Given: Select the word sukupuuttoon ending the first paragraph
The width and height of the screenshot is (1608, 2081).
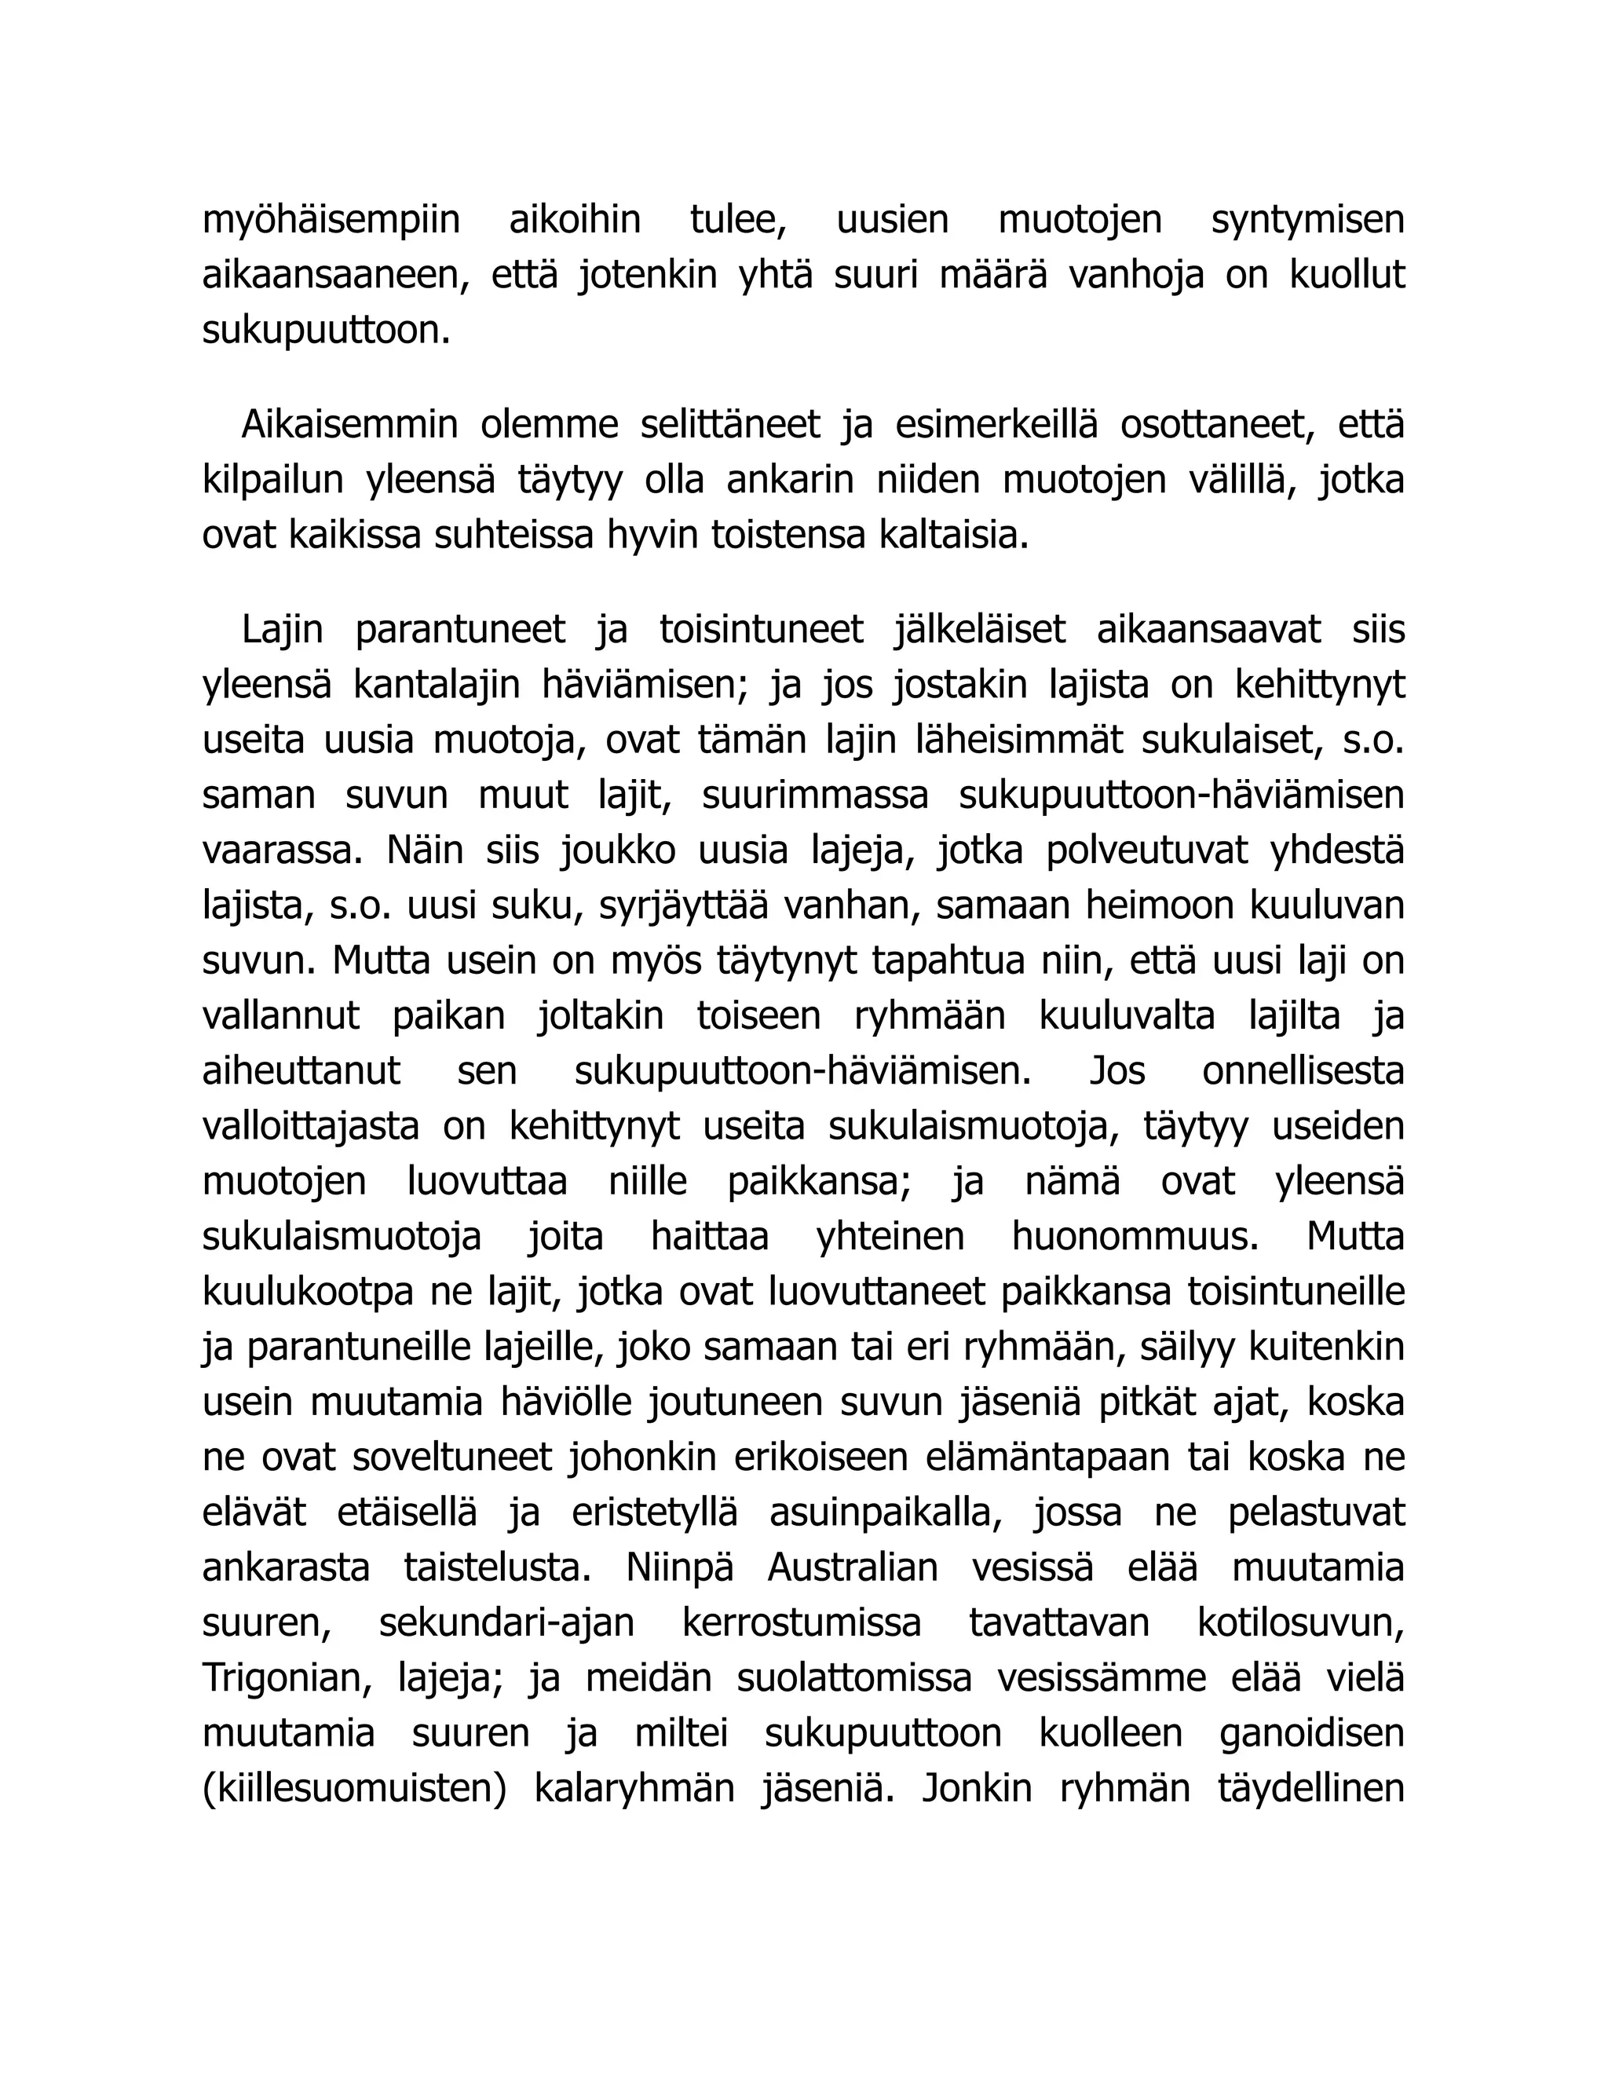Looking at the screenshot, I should (x=325, y=331).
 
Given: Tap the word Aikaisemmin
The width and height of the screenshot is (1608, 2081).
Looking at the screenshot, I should (x=349, y=425).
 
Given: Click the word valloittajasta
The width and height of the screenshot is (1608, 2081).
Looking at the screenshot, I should (x=311, y=1127).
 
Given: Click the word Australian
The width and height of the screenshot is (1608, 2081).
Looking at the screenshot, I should (x=853, y=1568).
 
